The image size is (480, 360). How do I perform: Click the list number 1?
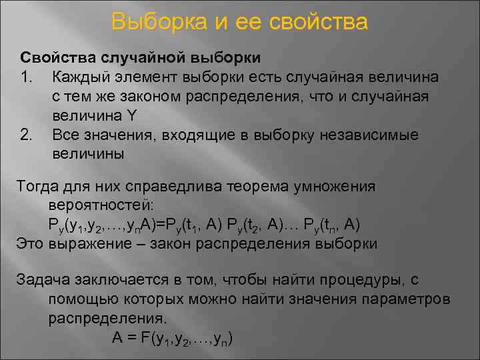27,77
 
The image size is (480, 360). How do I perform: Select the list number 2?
27,135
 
